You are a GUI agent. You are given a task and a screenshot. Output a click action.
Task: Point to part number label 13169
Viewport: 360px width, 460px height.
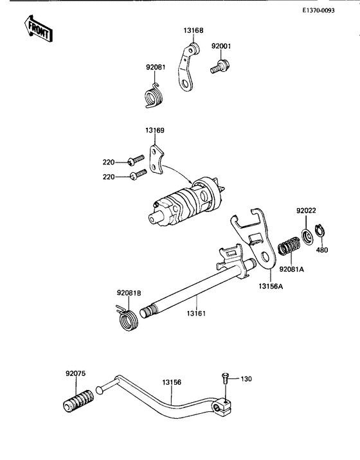(155, 130)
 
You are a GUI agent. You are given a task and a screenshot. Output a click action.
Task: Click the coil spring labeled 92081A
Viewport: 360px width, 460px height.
(288, 247)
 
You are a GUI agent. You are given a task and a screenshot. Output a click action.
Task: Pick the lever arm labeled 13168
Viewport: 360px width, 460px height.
(187, 67)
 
